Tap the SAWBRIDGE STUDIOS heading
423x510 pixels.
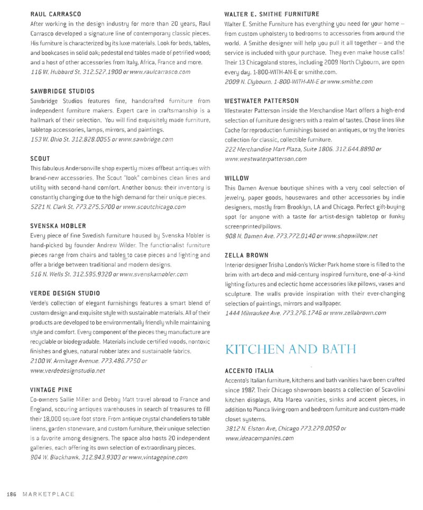[x=62, y=91]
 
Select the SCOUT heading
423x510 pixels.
[x=40, y=159]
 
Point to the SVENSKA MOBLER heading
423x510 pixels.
[x=58, y=226]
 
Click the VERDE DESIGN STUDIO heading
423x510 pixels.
[x=65, y=293]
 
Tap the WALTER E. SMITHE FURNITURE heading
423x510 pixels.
[x=272, y=14]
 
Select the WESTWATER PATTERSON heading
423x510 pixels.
[x=262, y=100]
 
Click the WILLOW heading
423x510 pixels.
[x=236, y=178]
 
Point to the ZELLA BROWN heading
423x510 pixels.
[x=246, y=255]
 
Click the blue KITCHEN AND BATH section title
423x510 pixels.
[x=290, y=349]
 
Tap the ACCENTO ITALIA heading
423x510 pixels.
[x=249, y=370]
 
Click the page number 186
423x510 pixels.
[x=12, y=494]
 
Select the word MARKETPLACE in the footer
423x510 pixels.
[x=48, y=494]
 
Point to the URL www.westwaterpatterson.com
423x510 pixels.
[x=265, y=159]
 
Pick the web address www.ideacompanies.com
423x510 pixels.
[x=259, y=438]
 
